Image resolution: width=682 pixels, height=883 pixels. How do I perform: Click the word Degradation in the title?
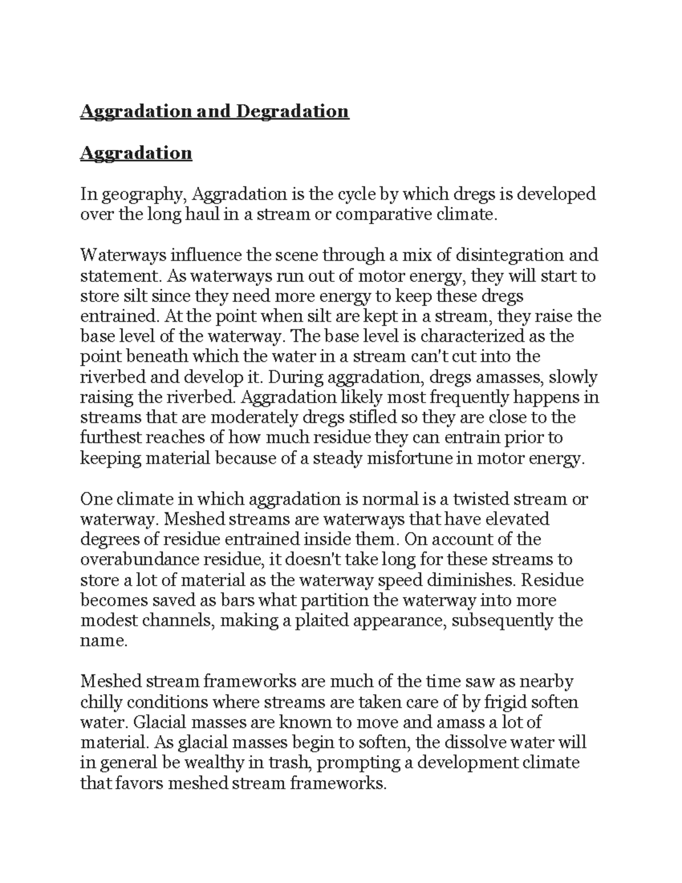click(292, 111)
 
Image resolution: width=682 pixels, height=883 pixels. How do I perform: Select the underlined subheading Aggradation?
click(136, 153)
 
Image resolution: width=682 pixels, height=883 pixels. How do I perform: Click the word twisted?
click(481, 499)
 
